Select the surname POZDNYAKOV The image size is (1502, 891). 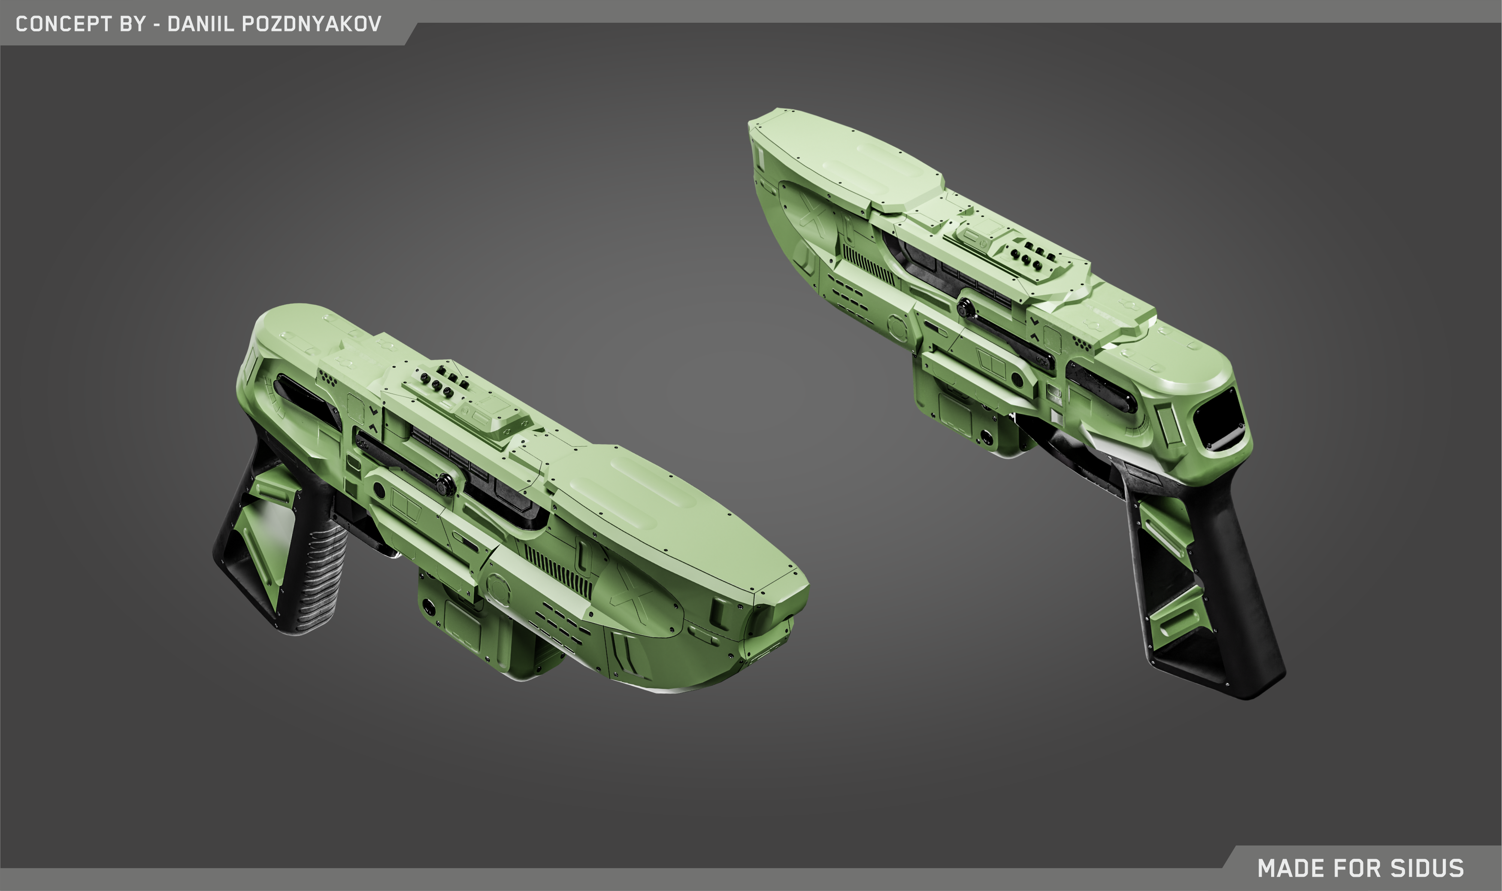(311, 24)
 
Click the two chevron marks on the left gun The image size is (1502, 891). (373, 419)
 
